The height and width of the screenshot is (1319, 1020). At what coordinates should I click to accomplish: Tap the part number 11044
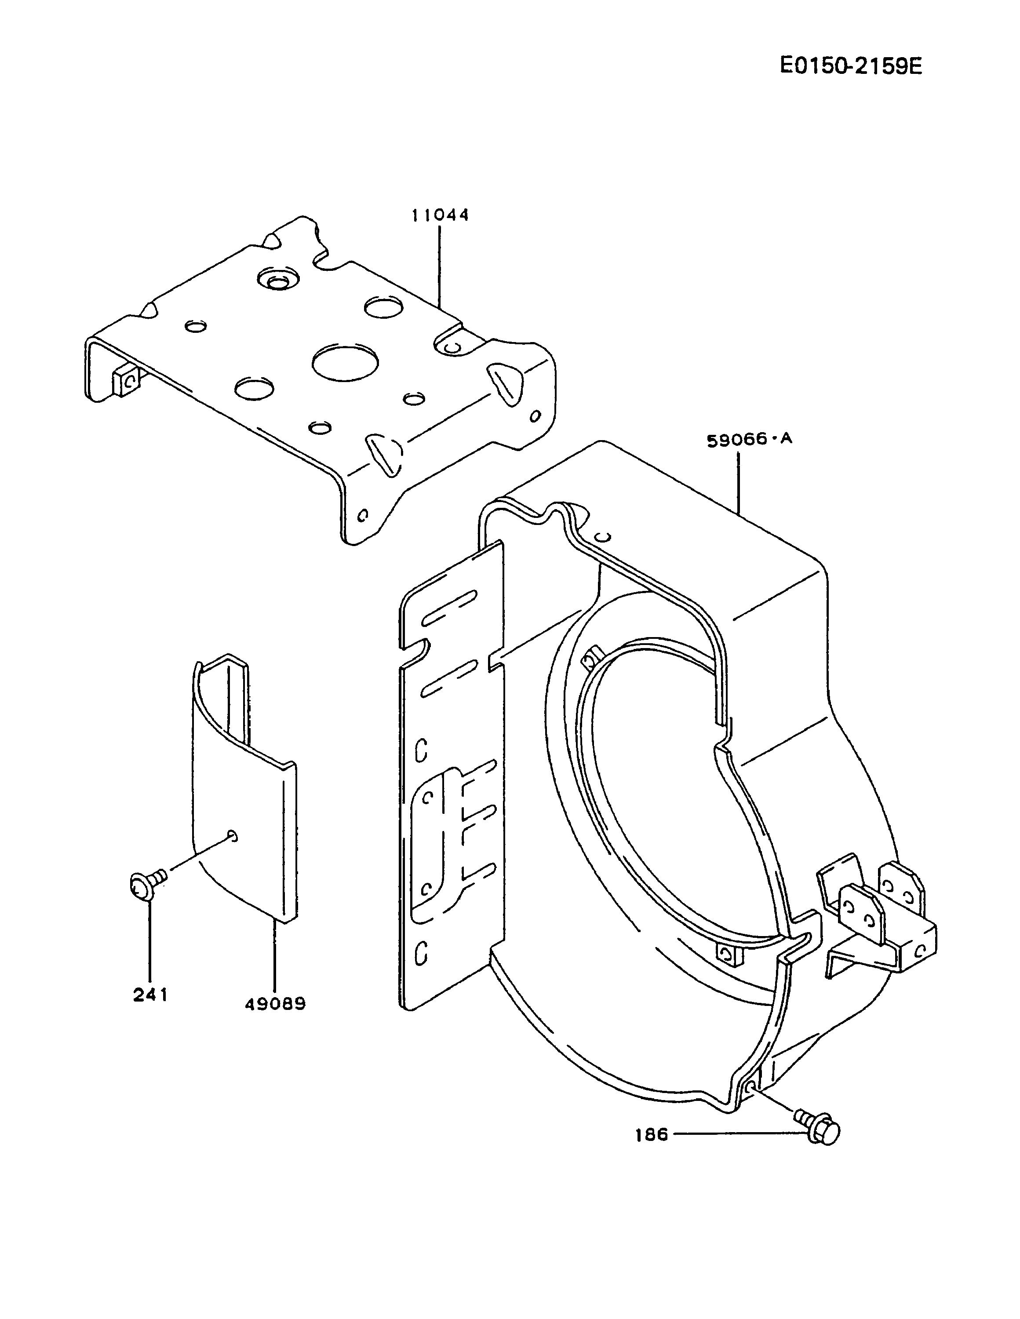pos(440,215)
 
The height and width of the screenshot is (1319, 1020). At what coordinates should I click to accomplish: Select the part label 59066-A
pos(749,439)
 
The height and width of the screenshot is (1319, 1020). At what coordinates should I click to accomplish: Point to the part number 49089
pos(275,1004)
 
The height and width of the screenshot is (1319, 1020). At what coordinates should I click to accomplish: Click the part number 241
pos(150,995)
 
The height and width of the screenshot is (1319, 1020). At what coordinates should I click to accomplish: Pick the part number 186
pos(652,1135)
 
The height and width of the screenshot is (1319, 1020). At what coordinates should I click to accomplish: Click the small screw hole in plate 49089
pos(233,836)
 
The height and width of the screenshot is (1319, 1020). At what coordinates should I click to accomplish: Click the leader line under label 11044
pos(439,266)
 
